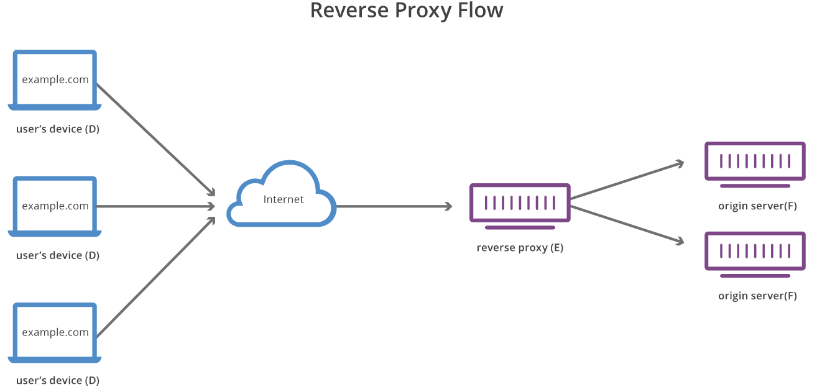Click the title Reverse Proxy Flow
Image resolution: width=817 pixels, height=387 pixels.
tap(406, 11)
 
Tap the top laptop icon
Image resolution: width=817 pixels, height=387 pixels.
tap(55, 80)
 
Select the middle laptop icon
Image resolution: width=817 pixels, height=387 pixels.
tap(55, 206)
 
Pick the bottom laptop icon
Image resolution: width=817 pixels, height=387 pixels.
tap(55, 332)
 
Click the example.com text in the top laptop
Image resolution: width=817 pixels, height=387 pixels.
tap(55, 80)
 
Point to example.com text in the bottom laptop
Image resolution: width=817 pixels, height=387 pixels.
tap(55, 332)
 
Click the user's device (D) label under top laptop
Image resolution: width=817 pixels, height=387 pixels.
tap(58, 129)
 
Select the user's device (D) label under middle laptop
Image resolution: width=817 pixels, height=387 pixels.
tap(58, 255)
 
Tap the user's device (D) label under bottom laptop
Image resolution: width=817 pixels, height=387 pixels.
tap(58, 380)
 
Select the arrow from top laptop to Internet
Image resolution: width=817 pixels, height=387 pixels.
tap(155, 138)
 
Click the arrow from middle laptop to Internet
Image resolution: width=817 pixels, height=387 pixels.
tap(155, 206)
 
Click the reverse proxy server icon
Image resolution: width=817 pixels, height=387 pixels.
tap(520, 203)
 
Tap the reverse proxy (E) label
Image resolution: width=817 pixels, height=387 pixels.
tap(520, 248)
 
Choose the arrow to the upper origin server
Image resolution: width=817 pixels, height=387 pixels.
tap(627, 181)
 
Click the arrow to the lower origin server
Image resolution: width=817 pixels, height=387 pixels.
tap(627, 225)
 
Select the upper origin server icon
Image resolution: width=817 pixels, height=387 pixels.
tap(755, 162)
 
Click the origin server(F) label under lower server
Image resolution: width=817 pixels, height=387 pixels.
tap(757, 296)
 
